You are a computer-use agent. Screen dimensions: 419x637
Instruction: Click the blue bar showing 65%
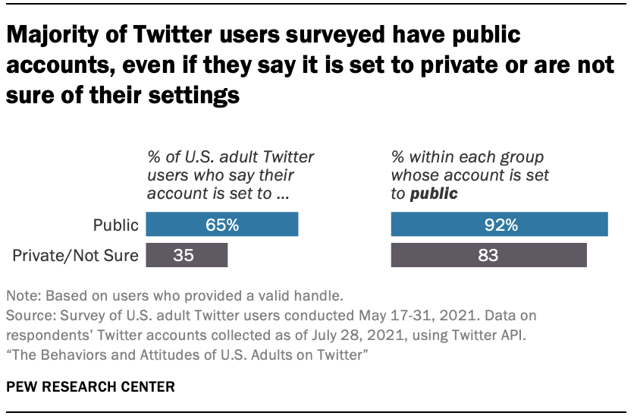221,225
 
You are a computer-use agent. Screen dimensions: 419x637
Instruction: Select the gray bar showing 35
187,255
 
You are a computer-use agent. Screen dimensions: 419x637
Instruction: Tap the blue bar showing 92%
499,225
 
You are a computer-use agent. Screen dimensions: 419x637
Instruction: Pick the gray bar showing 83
488,255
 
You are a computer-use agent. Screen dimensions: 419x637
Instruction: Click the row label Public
115,225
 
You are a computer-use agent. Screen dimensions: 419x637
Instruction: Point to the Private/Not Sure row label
77,256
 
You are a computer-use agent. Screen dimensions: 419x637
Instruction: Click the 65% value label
221,225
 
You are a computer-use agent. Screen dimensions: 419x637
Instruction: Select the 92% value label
499,225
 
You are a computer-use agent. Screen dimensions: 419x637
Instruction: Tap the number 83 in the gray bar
488,255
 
